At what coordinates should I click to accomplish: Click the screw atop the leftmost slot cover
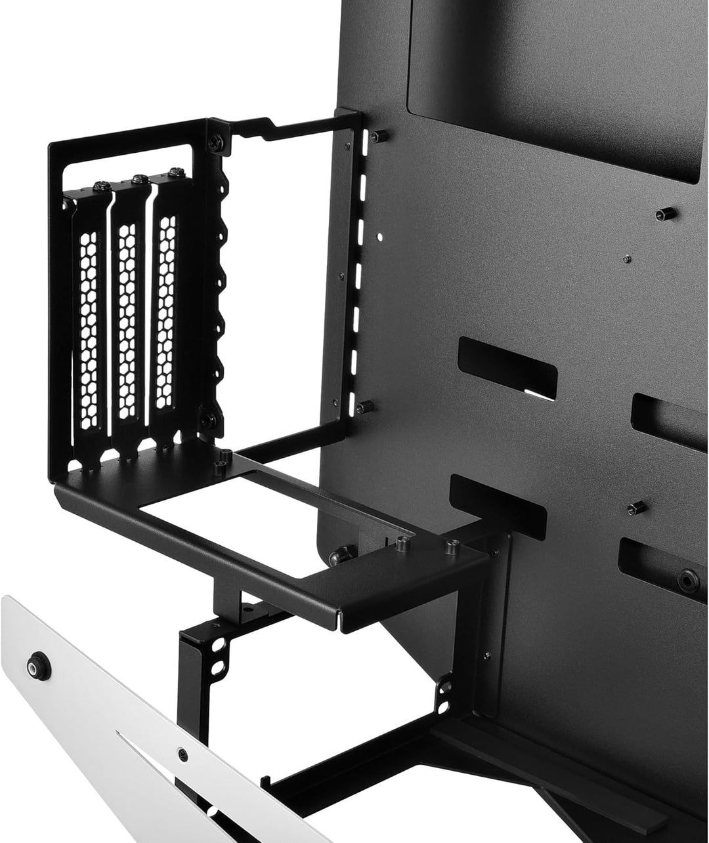coord(100,186)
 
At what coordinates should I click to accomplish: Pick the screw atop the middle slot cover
coord(138,178)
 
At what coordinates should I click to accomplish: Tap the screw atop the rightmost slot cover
coord(175,173)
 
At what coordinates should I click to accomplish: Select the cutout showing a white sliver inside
coord(508,368)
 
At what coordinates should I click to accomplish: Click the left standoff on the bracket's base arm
coord(401,541)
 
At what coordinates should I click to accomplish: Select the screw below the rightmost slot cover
coord(207,419)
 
